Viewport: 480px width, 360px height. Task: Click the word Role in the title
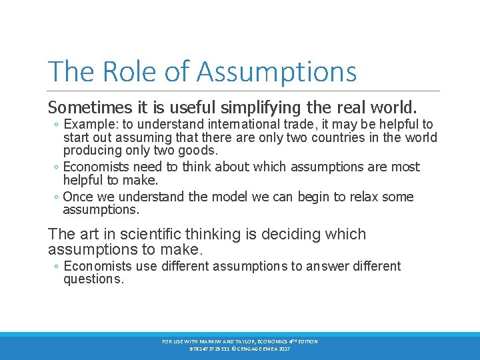(120, 72)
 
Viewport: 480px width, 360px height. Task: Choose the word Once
(78, 197)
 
